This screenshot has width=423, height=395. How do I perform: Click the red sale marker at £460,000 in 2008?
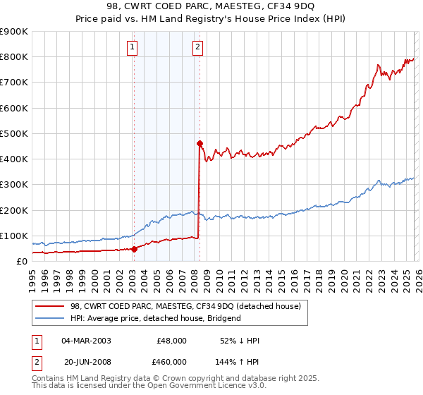200,143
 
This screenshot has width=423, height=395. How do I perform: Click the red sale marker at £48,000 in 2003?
134,248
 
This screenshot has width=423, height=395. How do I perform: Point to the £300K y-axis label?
14,185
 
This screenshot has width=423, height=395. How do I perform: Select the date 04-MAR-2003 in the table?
85,341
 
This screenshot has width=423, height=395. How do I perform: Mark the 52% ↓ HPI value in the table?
241,341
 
